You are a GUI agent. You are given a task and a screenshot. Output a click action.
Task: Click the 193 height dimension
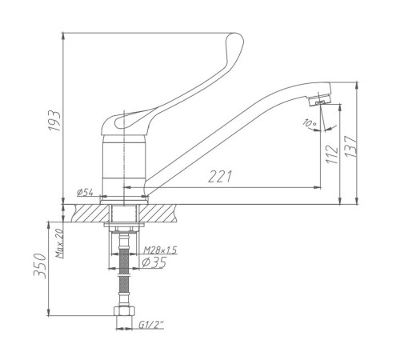(x=54, y=121)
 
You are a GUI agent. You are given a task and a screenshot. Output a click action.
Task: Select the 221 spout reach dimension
(x=220, y=176)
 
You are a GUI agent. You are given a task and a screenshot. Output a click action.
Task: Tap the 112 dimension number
(x=331, y=154)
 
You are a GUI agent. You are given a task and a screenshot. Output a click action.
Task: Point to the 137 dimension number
(x=350, y=146)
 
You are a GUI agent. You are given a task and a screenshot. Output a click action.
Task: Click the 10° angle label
(x=310, y=123)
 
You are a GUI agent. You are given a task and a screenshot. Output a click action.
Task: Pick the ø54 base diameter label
(x=85, y=192)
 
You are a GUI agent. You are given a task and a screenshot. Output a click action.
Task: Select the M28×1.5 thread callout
(x=160, y=250)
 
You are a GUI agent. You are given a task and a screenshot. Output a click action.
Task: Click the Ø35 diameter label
(x=154, y=262)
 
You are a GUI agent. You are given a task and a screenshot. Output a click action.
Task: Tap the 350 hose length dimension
(x=40, y=266)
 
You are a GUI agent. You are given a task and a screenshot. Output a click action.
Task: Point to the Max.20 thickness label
(x=59, y=243)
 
